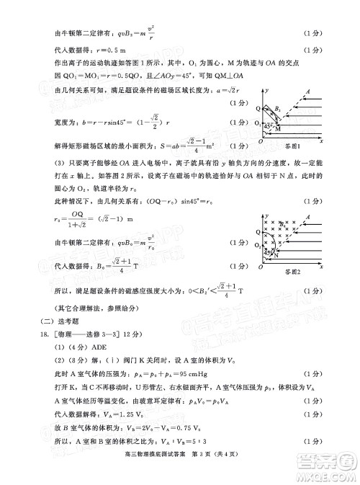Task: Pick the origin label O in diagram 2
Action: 261,265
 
